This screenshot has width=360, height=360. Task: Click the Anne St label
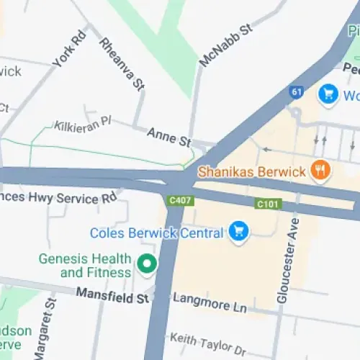169,135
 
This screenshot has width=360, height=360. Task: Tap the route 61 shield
297,92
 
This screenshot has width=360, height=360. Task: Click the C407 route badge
180,200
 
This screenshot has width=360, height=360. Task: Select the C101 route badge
267,205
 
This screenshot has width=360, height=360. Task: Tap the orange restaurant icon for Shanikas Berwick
320,171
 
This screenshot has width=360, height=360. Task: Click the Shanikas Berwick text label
252,172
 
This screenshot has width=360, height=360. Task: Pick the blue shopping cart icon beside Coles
238,232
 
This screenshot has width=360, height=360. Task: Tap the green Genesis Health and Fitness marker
148,265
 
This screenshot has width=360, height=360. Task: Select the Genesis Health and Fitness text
86,266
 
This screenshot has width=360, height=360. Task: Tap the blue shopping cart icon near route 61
329,94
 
